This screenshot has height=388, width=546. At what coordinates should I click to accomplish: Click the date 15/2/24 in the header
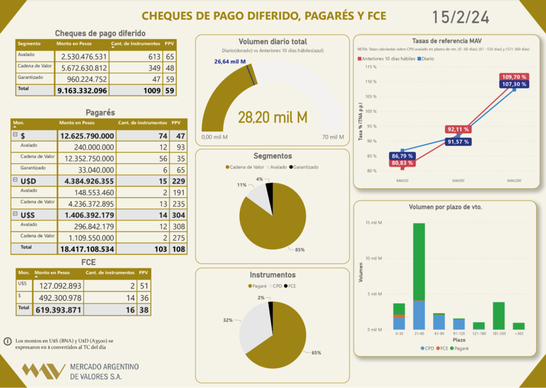tap(460, 17)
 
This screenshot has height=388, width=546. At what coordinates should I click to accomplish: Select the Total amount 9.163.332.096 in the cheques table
tap(82, 91)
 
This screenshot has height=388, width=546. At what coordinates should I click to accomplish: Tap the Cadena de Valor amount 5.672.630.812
tap(84, 68)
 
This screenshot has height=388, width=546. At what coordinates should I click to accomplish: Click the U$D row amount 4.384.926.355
tap(89, 181)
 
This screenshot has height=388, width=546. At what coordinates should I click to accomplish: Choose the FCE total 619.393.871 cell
tap(58, 310)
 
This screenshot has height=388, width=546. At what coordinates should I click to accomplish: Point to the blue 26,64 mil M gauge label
tap(230, 61)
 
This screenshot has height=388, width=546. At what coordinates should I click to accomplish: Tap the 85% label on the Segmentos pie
tap(300, 250)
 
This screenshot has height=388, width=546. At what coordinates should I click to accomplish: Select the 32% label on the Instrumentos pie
tap(228, 320)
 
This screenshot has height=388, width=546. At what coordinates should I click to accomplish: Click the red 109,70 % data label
tap(514, 77)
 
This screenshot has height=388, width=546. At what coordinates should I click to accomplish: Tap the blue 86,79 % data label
tap(402, 156)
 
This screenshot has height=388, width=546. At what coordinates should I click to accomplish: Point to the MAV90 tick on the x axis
tap(458, 181)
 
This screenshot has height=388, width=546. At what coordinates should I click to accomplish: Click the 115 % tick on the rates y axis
tap(370, 67)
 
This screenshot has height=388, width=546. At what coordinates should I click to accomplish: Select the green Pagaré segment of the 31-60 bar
tap(419, 262)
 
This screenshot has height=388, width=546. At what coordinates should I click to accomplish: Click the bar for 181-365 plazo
tap(498, 316)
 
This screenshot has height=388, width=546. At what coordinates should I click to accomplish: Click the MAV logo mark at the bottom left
tap(43, 371)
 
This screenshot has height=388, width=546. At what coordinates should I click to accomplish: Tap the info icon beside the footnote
tap(8, 341)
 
